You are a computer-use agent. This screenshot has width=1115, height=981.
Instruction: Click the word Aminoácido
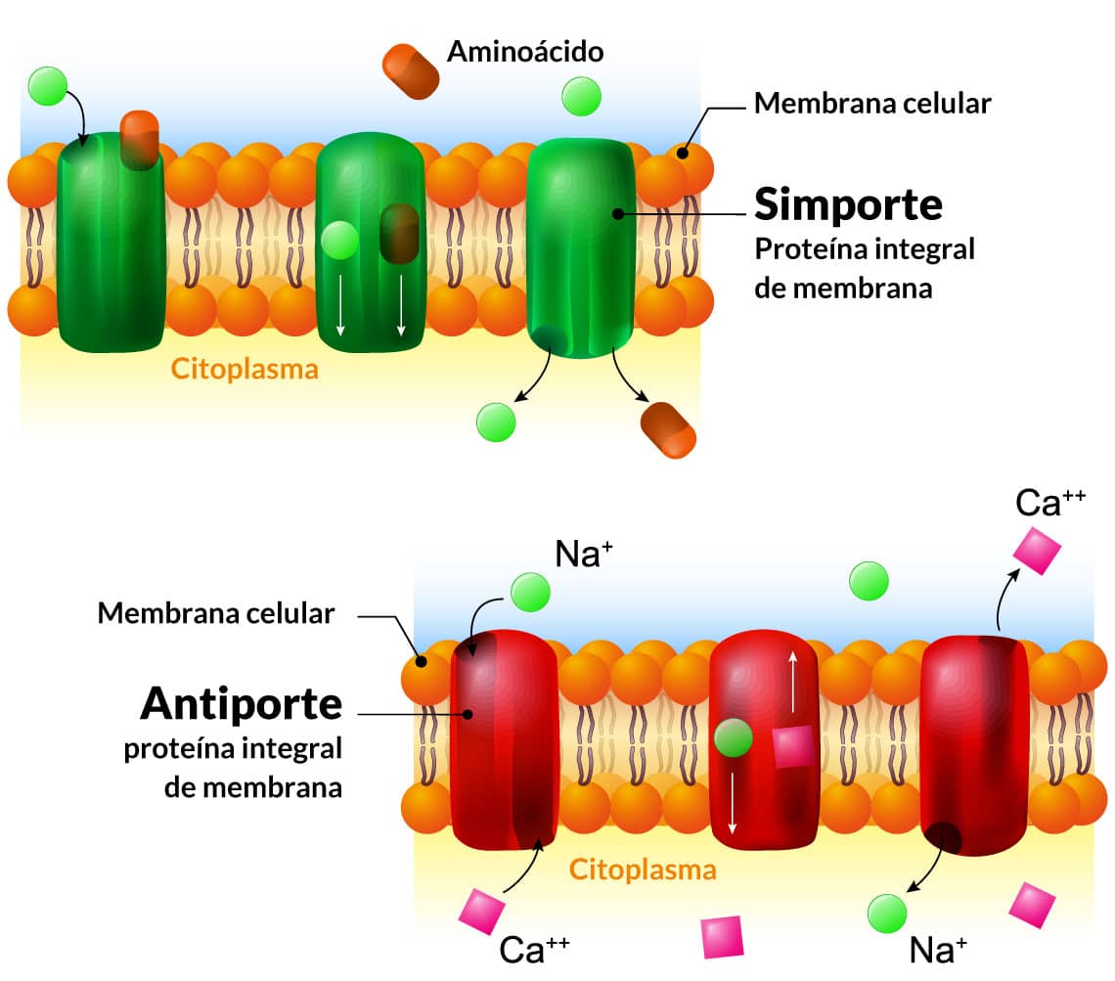(x=525, y=51)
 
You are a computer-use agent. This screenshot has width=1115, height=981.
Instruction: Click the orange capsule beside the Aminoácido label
(x=410, y=70)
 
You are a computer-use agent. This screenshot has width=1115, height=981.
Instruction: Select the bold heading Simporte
(x=848, y=204)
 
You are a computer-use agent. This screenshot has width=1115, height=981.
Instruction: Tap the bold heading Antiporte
(x=242, y=702)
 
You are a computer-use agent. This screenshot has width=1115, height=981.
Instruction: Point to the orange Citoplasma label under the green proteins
(x=245, y=370)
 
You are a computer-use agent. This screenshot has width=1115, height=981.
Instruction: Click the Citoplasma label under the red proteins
(x=643, y=869)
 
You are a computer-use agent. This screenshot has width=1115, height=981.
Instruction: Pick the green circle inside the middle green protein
(x=339, y=240)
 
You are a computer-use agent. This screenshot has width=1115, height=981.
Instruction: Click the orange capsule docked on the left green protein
(x=139, y=138)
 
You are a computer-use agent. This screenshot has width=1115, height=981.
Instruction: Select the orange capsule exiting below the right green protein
(x=668, y=429)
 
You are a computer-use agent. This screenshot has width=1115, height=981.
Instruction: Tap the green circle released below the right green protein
(x=495, y=422)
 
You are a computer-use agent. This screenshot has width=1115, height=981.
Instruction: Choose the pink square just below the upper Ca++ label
(x=1037, y=550)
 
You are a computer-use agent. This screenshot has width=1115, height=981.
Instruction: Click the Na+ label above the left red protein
(x=584, y=555)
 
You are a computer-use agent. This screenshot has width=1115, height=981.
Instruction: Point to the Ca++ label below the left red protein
(x=534, y=950)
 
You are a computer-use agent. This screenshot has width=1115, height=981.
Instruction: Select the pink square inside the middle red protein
(x=792, y=747)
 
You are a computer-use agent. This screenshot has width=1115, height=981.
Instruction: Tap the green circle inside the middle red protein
(x=733, y=736)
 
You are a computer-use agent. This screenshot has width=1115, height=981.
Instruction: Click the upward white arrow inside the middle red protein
(x=792, y=682)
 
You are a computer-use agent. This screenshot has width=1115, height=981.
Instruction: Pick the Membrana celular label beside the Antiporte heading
(x=216, y=614)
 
